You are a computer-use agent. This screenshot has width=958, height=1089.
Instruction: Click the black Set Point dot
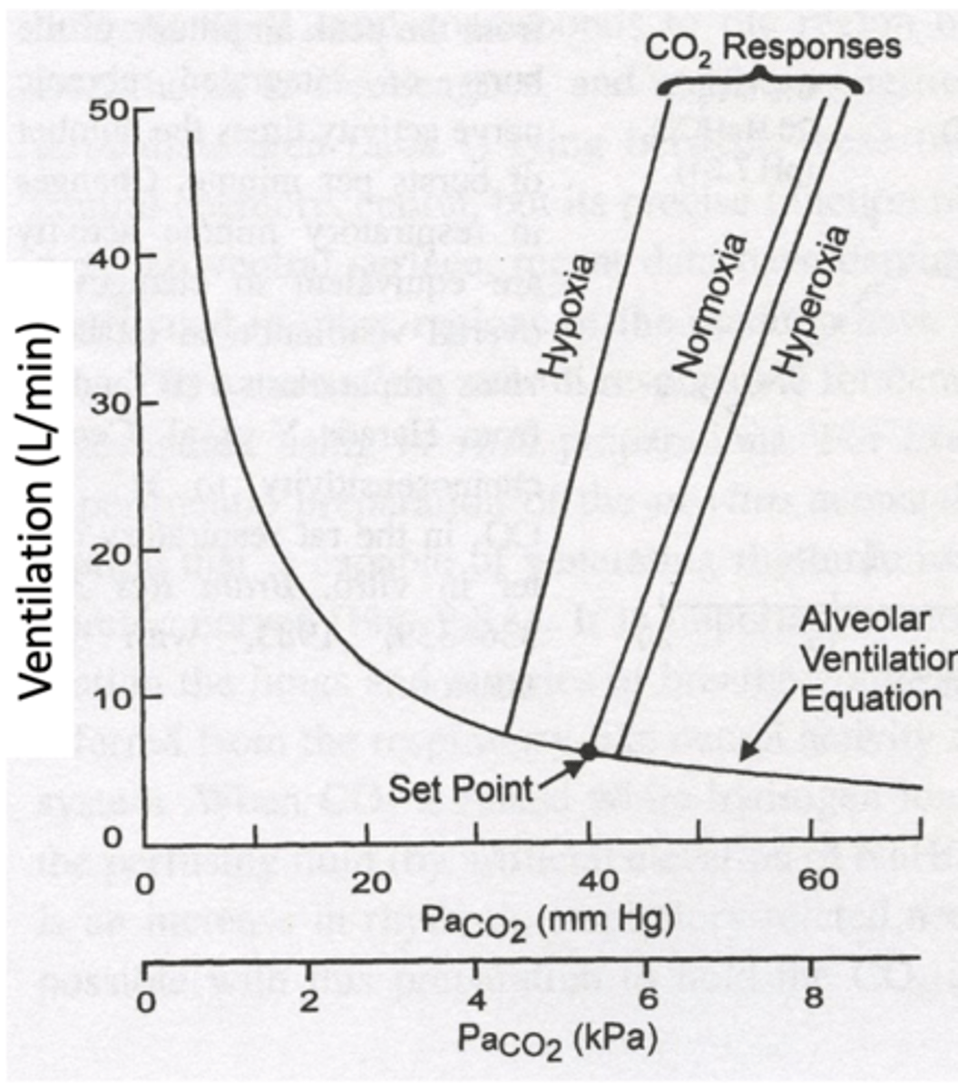point(588,751)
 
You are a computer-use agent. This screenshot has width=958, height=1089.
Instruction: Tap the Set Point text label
point(460,788)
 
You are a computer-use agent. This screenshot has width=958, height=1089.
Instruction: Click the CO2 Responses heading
point(774,46)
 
